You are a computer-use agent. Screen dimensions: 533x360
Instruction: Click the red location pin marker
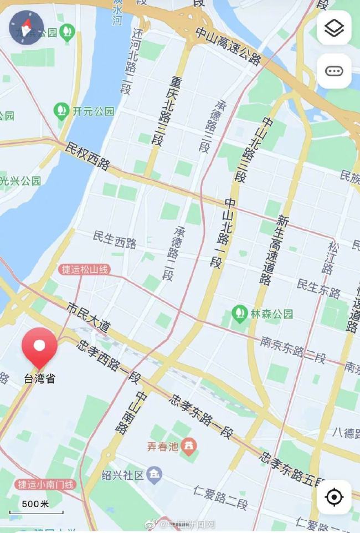(x=39, y=346)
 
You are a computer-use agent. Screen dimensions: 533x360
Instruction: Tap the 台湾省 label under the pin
(x=39, y=379)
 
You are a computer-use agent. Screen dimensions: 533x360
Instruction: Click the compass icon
(x=27, y=27)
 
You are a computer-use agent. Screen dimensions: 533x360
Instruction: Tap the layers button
(x=334, y=28)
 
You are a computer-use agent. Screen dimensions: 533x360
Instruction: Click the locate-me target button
(x=334, y=497)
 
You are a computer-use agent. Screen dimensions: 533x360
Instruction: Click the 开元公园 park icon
(x=61, y=111)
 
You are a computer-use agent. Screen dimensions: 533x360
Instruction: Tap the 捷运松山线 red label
(x=85, y=270)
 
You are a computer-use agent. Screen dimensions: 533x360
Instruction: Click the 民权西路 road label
(x=88, y=156)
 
